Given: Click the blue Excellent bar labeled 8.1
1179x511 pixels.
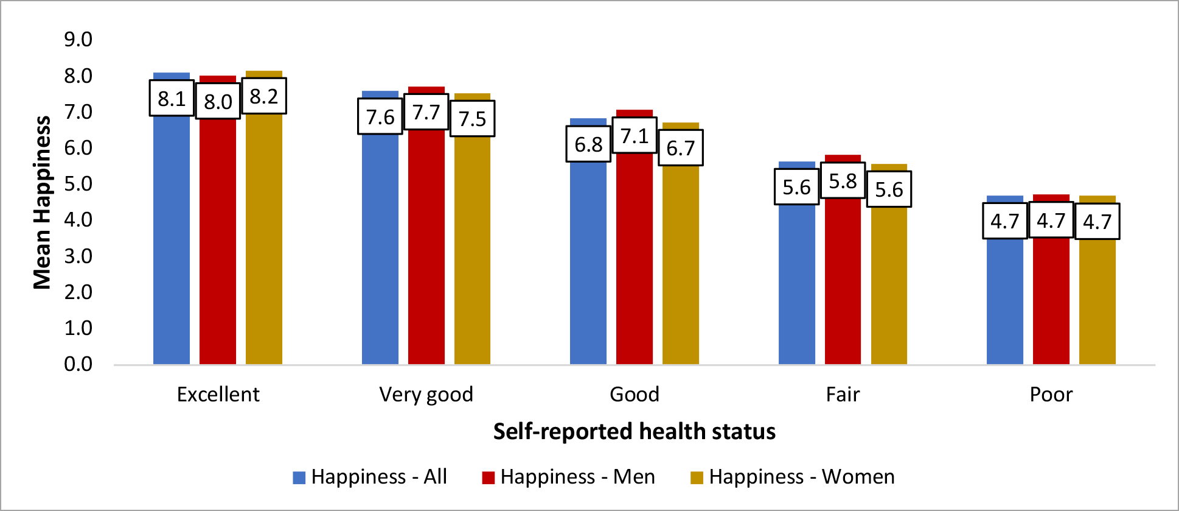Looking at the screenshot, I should click(x=172, y=244).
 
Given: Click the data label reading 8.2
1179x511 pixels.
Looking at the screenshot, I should click(x=264, y=96).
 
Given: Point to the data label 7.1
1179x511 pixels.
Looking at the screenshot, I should click(x=635, y=135).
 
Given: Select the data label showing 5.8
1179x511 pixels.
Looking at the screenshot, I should click(x=843, y=180).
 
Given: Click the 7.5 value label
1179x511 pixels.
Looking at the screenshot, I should click(x=472, y=119).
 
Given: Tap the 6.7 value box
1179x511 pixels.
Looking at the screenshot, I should click(x=681, y=148).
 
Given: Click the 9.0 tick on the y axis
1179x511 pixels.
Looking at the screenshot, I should click(x=78, y=40).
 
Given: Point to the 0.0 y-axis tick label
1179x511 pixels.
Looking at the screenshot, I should click(x=78, y=364).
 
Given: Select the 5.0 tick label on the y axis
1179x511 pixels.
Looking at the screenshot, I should click(x=78, y=184).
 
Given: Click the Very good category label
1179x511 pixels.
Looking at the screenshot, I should click(x=426, y=395).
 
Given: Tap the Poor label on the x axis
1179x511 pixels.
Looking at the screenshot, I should click(x=1051, y=395).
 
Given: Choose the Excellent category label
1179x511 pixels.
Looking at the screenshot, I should click(x=218, y=395).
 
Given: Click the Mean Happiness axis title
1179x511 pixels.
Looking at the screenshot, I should click(x=42, y=202).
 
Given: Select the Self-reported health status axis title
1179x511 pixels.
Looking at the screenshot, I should click(x=634, y=431).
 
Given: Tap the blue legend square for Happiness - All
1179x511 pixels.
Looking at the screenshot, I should click(x=299, y=478).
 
